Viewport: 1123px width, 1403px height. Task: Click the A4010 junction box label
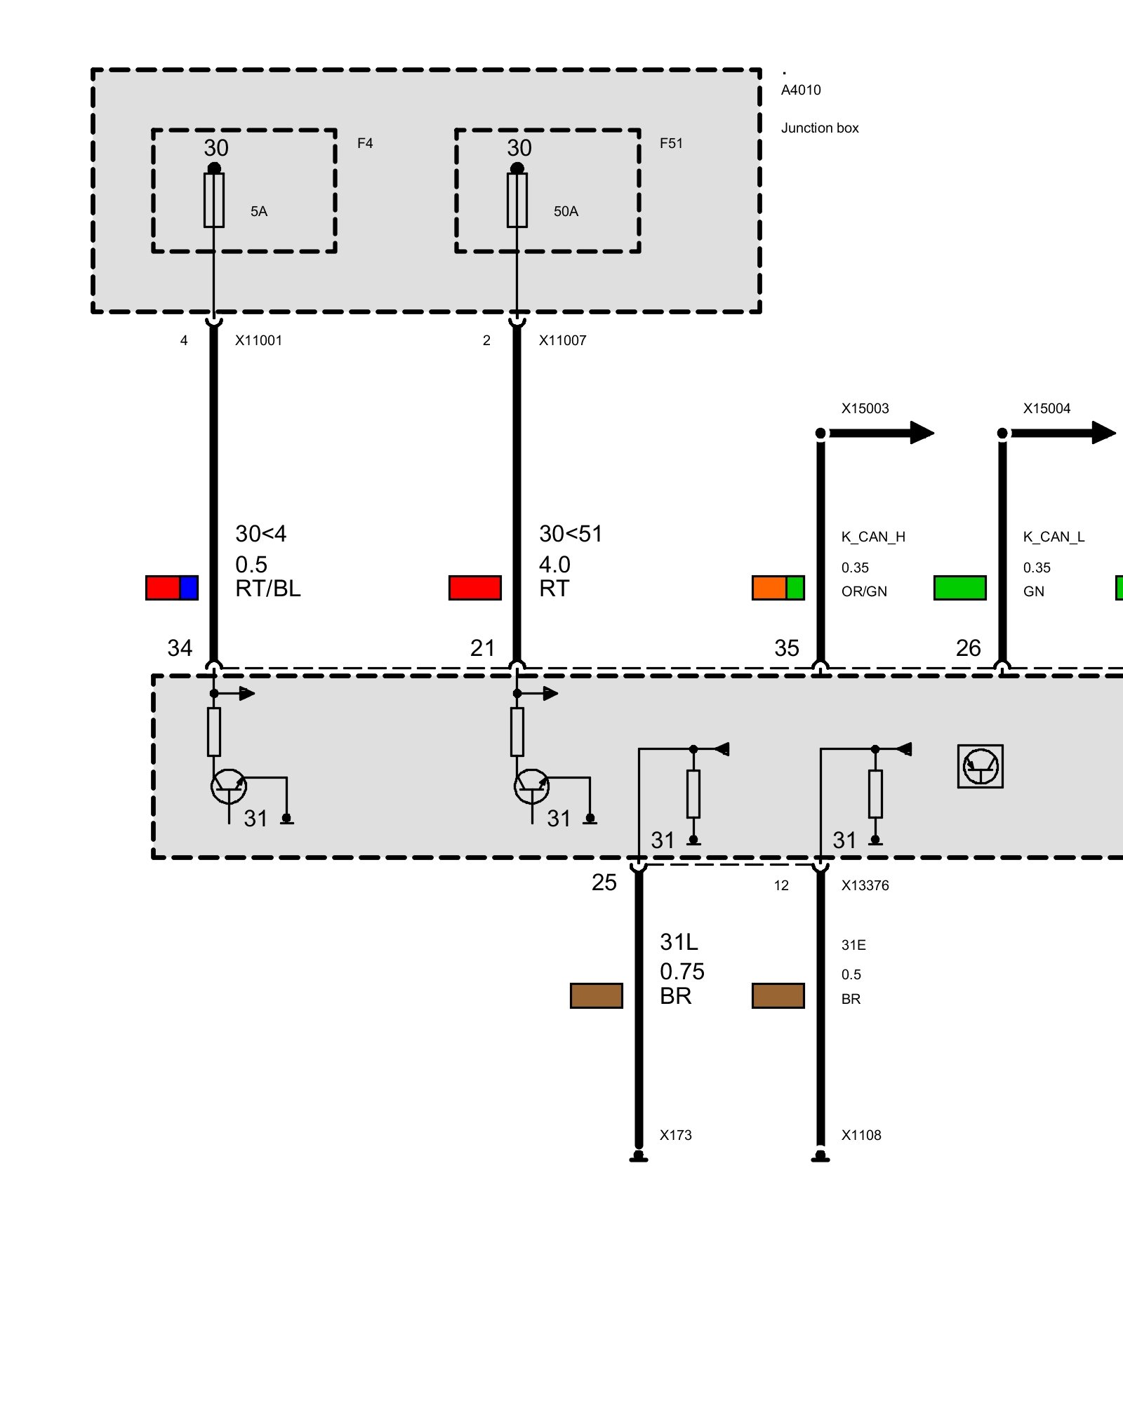(801, 90)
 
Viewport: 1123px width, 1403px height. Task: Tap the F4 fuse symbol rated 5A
(214, 200)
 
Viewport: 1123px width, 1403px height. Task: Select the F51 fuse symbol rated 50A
(517, 200)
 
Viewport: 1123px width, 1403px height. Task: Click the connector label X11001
(258, 340)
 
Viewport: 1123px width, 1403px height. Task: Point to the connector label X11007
(562, 340)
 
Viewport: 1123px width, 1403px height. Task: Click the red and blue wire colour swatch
(172, 588)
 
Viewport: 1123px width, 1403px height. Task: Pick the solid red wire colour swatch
(475, 588)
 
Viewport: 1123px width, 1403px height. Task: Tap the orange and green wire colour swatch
(778, 588)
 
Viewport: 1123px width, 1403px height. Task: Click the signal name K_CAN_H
(873, 537)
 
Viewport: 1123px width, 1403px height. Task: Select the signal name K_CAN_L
(1054, 537)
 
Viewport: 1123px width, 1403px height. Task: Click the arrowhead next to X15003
(922, 433)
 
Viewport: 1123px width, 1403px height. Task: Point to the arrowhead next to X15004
(1103, 433)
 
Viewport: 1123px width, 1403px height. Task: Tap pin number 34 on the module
(180, 647)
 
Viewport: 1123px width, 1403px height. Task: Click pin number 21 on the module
(483, 647)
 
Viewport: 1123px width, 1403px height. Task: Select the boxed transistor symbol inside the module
(981, 766)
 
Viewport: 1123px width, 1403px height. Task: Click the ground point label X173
(675, 1135)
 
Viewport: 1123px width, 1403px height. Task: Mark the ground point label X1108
(861, 1135)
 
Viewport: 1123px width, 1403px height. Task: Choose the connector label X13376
(865, 885)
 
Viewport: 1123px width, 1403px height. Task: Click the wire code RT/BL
(268, 589)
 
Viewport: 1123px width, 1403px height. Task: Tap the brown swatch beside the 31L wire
(597, 995)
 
